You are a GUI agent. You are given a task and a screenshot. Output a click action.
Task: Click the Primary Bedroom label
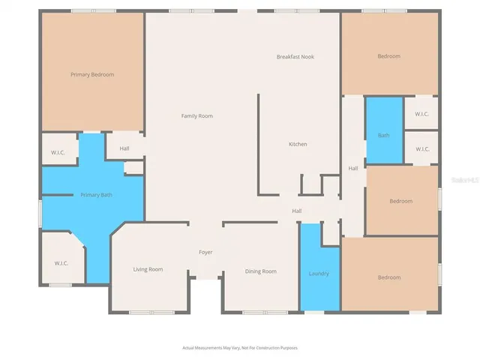tap(91, 74)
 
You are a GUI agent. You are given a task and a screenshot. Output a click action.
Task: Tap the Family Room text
tap(197, 115)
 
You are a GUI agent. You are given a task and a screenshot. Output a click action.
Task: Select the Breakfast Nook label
tap(294, 57)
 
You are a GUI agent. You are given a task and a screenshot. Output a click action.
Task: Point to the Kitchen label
tap(298, 144)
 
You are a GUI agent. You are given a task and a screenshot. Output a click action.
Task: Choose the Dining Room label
tap(260, 271)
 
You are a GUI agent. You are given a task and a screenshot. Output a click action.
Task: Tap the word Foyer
tap(205, 252)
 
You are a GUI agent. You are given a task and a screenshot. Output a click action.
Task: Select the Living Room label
tap(148, 269)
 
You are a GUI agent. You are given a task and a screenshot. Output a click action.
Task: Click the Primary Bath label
tap(96, 195)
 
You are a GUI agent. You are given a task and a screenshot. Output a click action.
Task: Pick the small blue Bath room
tap(383, 135)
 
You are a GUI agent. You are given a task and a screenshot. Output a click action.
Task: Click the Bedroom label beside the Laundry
tap(388, 277)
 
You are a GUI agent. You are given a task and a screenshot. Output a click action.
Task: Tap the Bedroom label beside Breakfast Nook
tap(388, 56)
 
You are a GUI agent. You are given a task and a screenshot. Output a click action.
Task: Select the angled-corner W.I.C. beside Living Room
tap(61, 263)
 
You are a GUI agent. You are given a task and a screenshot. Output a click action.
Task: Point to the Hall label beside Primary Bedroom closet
tap(124, 148)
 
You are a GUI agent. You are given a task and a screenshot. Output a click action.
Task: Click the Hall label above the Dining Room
tap(296, 211)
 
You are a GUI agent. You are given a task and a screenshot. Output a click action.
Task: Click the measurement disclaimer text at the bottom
tap(239, 348)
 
